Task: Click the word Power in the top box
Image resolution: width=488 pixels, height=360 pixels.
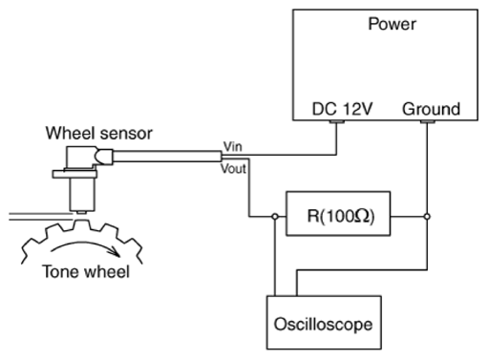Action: coord(392,24)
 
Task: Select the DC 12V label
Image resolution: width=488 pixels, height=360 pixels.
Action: coord(342,109)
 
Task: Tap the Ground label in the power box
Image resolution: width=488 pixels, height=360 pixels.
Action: coord(431,109)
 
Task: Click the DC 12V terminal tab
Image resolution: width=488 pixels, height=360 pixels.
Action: coord(337,121)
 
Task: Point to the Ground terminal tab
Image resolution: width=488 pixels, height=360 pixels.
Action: coord(428,121)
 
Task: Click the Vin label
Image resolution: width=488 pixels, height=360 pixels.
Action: coord(233,147)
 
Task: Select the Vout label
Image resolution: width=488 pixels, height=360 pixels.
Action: coord(233,169)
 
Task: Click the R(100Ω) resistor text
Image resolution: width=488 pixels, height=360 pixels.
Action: coord(341,216)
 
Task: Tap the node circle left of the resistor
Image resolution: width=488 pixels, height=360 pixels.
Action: coord(275,217)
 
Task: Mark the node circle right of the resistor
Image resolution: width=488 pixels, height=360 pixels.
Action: coord(427,217)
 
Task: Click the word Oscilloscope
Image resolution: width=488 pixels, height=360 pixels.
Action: coord(323,325)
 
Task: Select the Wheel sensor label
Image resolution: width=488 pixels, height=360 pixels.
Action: coord(99,133)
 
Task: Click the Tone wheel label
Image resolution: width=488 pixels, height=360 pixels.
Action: coord(86,272)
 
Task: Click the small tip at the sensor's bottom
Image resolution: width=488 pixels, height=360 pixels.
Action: coord(82,213)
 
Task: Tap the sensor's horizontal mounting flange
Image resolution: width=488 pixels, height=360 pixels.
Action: coord(74,174)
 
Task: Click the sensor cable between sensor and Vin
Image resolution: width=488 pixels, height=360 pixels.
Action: coord(167,157)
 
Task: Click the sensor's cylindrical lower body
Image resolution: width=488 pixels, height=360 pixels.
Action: coord(82,194)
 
